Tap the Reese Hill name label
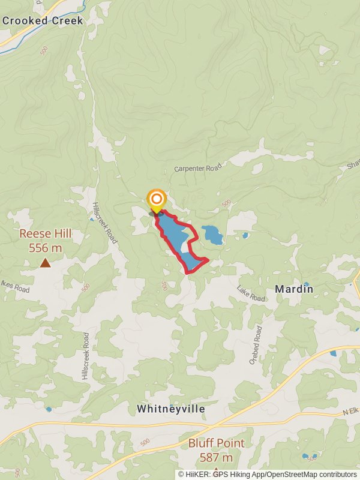tap(46, 233)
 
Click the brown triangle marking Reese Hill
tap(45, 262)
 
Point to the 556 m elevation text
tap(46, 247)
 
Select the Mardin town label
tap(294, 289)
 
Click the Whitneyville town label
tap(171, 409)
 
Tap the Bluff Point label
tap(216, 443)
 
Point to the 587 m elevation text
tap(216, 458)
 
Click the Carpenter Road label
tap(198, 168)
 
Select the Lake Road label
tap(251, 293)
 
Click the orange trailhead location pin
tap(157, 200)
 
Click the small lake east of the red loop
tap(211, 234)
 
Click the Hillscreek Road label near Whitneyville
tap(86, 356)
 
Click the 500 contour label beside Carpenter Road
tap(226, 204)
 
